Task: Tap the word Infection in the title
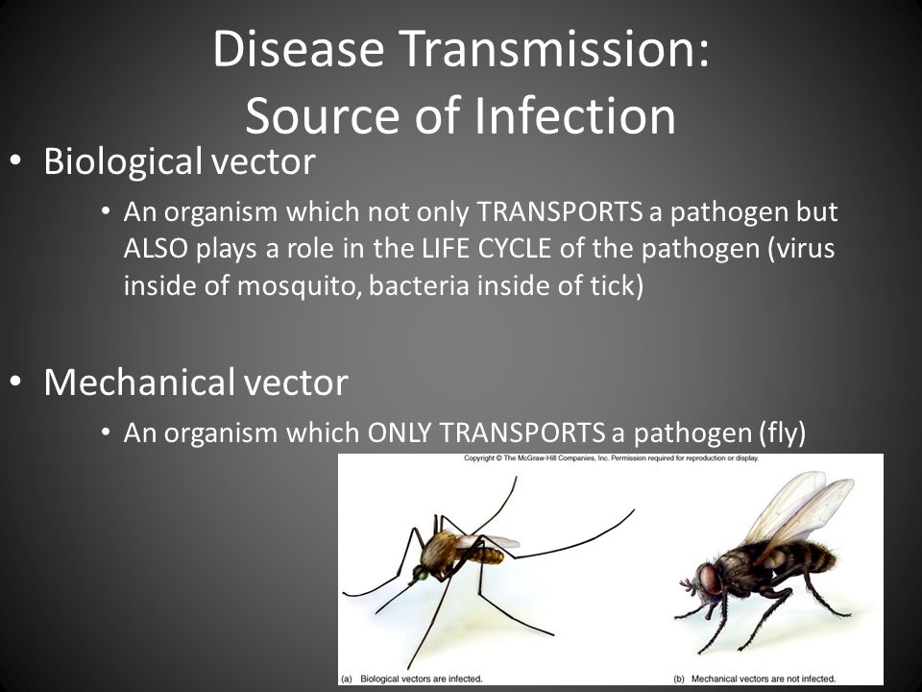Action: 574,115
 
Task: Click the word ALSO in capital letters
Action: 156,248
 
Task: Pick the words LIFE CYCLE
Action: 486,248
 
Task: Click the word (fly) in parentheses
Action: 779,433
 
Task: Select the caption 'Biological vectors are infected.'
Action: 421,679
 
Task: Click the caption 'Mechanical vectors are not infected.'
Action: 764,679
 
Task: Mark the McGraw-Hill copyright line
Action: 611,457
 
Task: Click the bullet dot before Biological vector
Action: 15,161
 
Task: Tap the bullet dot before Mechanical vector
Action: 15,381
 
